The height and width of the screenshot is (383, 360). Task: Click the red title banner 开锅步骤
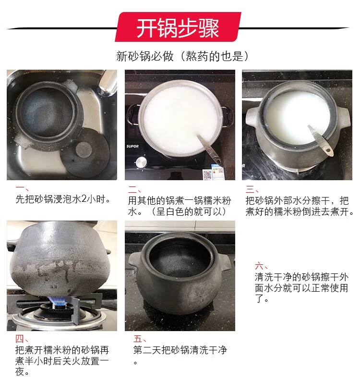pyautogui.click(x=178, y=27)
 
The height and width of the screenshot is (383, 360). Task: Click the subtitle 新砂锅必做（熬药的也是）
pyautogui.click(x=182, y=56)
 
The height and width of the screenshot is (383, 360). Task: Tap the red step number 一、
pyautogui.click(x=22, y=188)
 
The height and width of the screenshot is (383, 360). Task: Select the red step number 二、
pyautogui.click(x=134, y=189)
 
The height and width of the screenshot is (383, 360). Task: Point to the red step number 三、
pyautogui.click(x=252, y=189)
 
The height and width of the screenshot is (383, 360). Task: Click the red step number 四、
pyautogui.click(x=22, y=339)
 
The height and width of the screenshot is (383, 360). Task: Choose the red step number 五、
pyautogui.click(x=140, y=339)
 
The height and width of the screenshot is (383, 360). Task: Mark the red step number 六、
pyautogui.click(x=262, y=266)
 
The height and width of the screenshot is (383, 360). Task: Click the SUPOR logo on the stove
pyautogui.click(x=132, y=146)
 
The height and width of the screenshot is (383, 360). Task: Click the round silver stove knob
pyautogui.click(x=141, y=162)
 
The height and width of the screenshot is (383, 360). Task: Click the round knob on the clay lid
pyautogui.click(x=84, y=149)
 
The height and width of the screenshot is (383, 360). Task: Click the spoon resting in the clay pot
pyautogui.click(x=321, y=141)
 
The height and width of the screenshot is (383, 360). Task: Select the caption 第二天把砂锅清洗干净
pyautogui.click(x=180, y=350)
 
